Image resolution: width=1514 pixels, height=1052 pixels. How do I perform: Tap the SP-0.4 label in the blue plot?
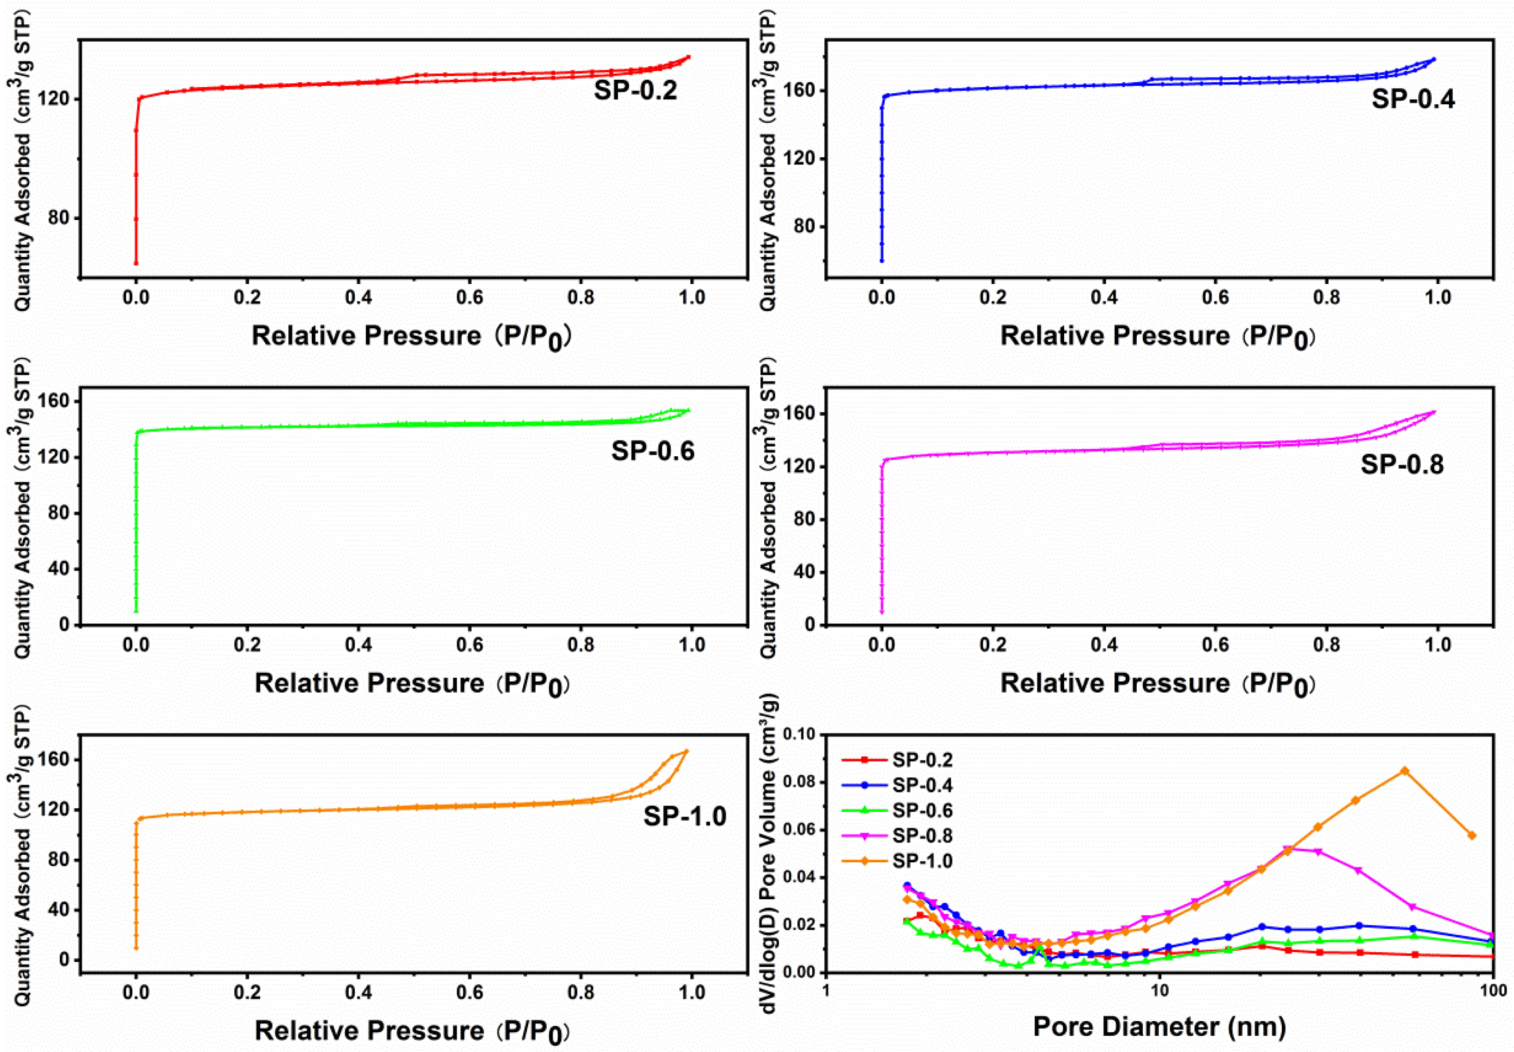(1413, 99)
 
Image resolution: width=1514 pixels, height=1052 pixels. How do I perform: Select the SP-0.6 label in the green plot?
(652, 451)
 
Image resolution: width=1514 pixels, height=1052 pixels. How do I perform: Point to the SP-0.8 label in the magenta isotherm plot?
(1402, 465)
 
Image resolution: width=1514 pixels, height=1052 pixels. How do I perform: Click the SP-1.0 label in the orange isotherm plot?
(685, 816)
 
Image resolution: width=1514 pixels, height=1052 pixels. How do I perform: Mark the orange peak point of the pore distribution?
(1404, 770)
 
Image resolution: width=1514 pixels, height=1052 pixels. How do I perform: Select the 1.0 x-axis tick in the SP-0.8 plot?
(1437, 645)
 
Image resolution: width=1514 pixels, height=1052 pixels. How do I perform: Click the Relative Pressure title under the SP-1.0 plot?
(412, 1030)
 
